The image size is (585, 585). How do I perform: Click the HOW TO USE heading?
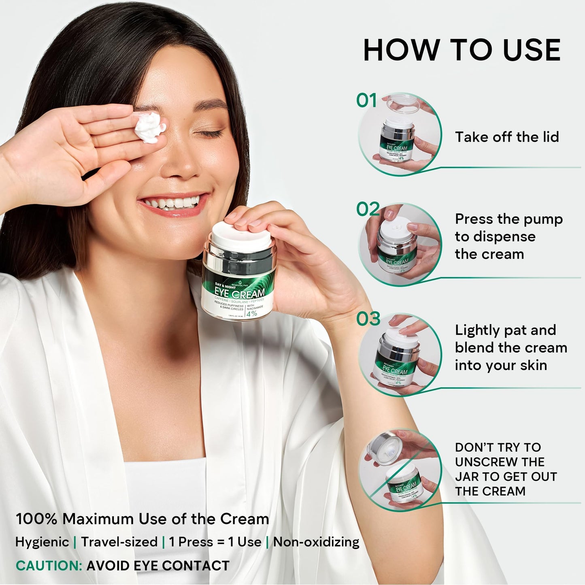[x=462, y=51]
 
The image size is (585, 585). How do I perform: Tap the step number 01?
[x=366, y=100]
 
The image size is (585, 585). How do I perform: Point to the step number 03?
[x=368, y=319]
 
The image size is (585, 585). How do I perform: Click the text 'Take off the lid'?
[x=506, y=137]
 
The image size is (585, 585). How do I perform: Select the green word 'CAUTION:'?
[x=49, y=566]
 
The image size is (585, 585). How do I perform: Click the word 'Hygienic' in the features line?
[x=42, y=542]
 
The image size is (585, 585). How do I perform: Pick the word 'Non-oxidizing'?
[x=316, y=542]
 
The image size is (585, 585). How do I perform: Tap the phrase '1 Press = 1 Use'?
[x=215, y=542]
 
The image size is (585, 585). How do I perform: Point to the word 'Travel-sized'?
[x=119, y=542]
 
